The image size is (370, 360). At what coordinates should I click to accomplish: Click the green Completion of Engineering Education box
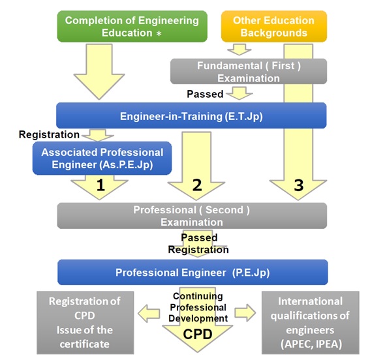132,26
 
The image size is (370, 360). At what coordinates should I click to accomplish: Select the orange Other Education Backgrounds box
274,26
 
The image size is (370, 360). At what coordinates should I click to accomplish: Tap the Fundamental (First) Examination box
249,72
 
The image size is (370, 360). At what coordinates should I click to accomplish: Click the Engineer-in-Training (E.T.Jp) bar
191,115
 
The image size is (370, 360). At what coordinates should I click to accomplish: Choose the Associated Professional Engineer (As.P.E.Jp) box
102,158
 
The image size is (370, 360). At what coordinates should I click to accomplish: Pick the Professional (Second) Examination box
192,216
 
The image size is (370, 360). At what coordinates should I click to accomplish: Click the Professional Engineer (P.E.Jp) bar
193,273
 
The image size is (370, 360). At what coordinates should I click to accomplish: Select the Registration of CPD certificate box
85,323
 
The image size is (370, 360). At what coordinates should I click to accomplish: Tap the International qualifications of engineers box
311,323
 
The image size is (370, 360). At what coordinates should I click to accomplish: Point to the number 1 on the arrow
100,185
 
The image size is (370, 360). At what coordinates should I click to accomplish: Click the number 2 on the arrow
197,185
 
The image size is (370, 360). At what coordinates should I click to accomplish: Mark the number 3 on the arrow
299,185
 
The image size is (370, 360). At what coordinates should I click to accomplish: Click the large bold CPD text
198,334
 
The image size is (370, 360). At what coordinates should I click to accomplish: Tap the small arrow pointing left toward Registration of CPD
149,313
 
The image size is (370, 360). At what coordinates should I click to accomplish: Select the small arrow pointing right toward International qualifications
245,313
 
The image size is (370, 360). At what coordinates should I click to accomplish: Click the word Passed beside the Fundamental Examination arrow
205,94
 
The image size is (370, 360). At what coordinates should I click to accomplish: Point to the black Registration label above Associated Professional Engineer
49,134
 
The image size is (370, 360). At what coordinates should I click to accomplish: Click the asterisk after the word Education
159,33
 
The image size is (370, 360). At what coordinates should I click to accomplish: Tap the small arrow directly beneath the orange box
239,50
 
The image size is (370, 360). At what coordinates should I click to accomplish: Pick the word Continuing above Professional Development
198,296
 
